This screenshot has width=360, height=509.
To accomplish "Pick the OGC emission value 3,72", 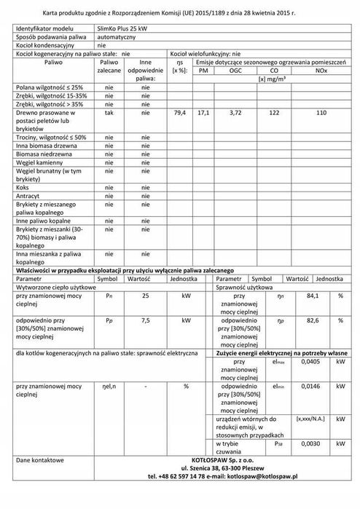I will (235, 114).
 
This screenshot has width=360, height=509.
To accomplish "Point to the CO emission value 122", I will (275, 114).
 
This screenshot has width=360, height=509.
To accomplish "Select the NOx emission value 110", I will (321, 114).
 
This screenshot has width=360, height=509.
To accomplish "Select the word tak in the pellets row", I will (109, 114).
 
